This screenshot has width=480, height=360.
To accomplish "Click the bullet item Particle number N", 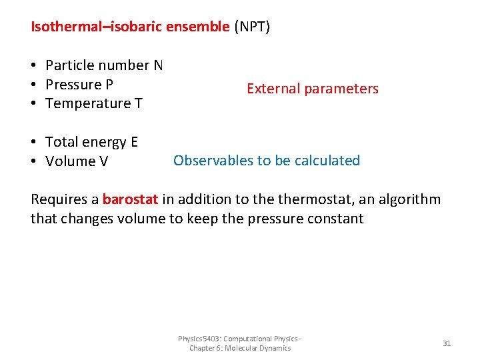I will click(x=103, y=65).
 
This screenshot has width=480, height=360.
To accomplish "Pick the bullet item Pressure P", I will click(x=79, y=85).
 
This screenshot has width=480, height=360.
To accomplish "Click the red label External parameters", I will click(x=312, y=89).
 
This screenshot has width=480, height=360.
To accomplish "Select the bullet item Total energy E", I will click(x=91, y=142).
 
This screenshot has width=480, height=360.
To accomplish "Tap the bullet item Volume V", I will click(x=76, y=161).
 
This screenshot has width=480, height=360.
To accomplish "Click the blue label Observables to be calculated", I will click(x=267, y=161).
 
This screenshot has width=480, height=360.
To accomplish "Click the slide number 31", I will click(x=447, y=343).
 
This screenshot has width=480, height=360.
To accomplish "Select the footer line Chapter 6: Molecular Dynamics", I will click(x=240, y=348).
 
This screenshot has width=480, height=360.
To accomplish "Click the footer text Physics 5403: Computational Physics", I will click(x=240, y=339).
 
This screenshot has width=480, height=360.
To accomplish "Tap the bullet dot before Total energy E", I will click(x=33, y=142).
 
